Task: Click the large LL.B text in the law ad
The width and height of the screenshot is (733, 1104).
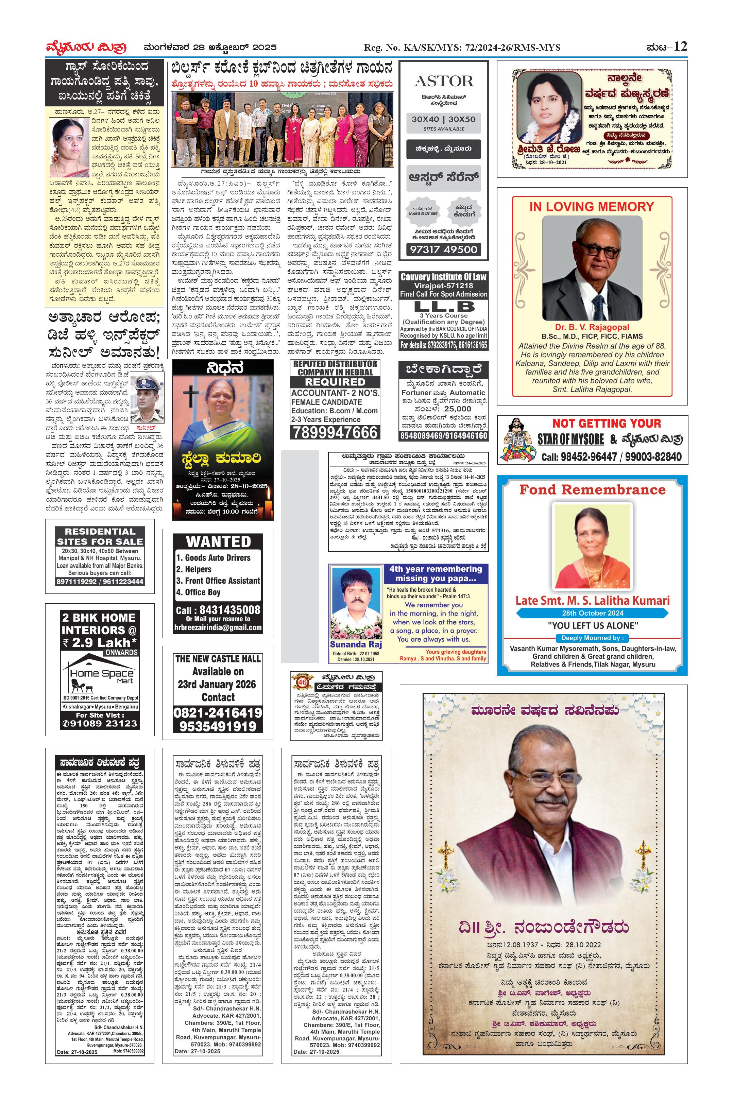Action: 444,307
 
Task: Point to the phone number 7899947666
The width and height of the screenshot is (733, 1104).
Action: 335,432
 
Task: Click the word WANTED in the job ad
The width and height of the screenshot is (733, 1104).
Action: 218,542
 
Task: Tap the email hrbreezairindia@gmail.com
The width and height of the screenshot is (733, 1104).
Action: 218,628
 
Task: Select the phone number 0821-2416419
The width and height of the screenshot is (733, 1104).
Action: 218,713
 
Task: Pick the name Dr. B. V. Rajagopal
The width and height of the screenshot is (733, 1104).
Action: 592,327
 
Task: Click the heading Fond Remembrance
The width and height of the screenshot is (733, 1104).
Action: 592,490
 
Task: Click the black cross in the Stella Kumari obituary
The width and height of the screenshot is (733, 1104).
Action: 190,396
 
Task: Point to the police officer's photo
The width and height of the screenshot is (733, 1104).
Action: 147,398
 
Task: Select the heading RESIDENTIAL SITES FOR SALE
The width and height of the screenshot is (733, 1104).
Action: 100,537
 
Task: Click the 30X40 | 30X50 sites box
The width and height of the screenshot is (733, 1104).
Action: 443,122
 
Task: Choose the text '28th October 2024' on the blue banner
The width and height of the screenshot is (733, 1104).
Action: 592,613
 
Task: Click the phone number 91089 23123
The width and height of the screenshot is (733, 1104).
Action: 100,724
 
